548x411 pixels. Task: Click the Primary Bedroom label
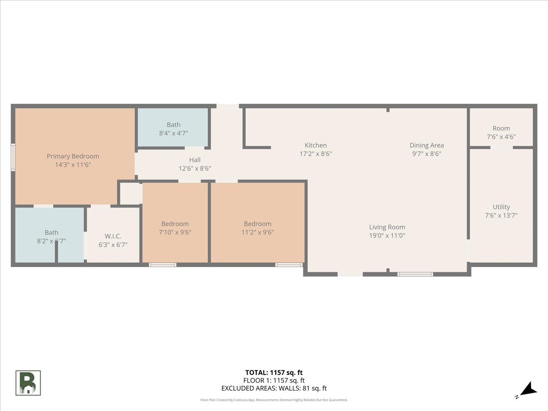pyautogui.click(x=73, y=156)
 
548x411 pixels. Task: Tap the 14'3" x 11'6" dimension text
pyautogui.click(x=73, y=165)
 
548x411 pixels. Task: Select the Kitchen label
pyautogui.click(x=316, y=145)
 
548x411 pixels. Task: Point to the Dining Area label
pyautogui.click(x=427, y=145)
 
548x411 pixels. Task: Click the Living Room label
pyautogui.click(x=387, y=227)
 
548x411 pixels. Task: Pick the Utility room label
pyautogui.click(x=501, y=207)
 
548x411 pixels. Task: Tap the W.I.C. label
pyautogui.click(x=113, y=236)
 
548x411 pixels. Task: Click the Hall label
pyautogui.click(x=195, y=160)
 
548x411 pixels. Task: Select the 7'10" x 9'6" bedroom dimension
pyautogui.click(x=175, y=232)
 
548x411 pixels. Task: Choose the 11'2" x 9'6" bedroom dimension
pyautogui.click(x=258, y=232)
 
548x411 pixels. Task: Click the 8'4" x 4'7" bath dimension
pyautogui.click(x=173, y=133)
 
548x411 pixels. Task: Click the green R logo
pyautogui.click(x=28, y=383)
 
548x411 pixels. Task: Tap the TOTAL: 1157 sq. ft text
pyautogui.click(x=274, y=372)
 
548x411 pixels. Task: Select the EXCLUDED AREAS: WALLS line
pyautogui.click(x=274, y=389)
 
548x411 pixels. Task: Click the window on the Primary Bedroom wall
pyautogui.click(x=13, y=157)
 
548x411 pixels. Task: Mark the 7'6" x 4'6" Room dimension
pyautogui.click(x=501, y=137)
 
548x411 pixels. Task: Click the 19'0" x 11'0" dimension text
pyautogui.click(x=387, y=236)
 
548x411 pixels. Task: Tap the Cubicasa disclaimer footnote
pyautogui.click(x=274, y=400)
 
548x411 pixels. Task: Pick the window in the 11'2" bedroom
pyautogui.click(x=289, y=264)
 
